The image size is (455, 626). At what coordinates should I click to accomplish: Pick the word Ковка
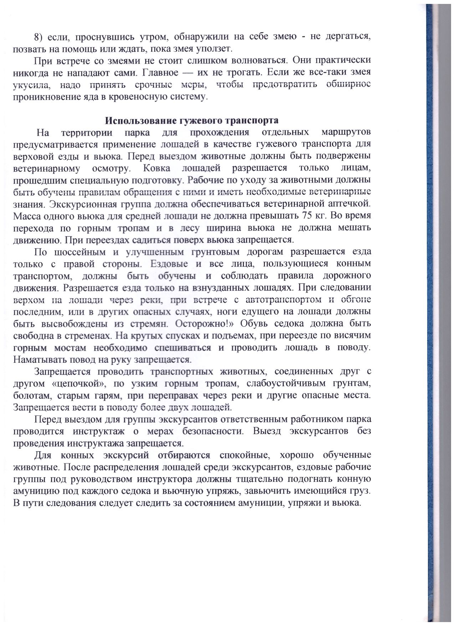157,168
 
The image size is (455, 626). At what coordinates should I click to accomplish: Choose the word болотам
30,396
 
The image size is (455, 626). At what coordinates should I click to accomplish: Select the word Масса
26,216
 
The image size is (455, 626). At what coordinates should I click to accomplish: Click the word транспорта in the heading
253,120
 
